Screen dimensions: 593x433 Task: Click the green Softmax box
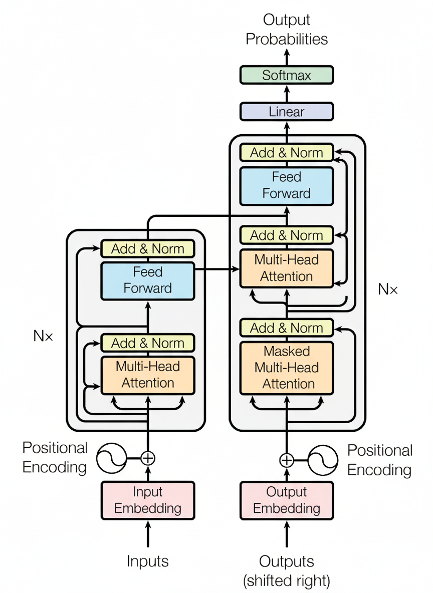[x=286, y=75]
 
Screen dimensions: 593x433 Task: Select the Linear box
[x=286, y=111]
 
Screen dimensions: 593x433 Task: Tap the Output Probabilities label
[x=286, y=30]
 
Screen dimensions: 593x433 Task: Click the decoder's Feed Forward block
[x=286, y=185]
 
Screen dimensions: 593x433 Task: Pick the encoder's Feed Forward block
[x=148, y=280]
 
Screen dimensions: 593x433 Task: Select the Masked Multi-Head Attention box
[x=286, y=368]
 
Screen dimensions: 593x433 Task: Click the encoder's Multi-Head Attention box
[x=148, y=375]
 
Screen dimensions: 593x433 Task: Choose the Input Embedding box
[x=148, y=500]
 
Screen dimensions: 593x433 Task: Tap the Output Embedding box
[x=286, y=500]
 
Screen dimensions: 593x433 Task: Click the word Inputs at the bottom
[x=148, y=561]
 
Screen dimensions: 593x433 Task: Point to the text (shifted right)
[x=286, y=581]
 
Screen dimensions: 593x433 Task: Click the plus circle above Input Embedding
[x=148, y=458]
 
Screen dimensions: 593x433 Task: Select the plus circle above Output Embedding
[x=286, y=460]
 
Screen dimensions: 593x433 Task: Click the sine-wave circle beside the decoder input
[x=323, y=460]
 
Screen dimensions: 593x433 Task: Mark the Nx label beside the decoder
[x=387, y=289]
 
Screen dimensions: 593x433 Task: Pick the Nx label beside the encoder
[x=43, y=336]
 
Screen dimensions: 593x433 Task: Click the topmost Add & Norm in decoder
[x=286, y=152]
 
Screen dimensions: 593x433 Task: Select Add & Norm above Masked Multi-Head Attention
[x=286, y=328]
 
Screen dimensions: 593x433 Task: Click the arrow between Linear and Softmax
[x=287, y=93]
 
